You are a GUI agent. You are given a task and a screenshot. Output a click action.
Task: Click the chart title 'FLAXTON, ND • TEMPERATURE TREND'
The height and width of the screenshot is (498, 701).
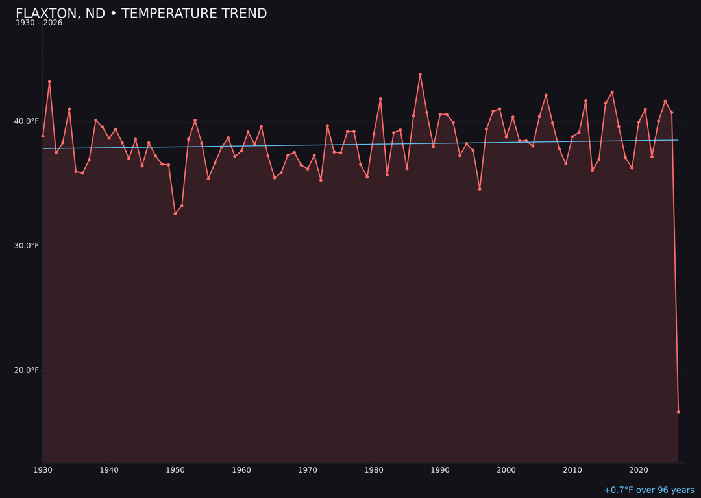click(141, 14)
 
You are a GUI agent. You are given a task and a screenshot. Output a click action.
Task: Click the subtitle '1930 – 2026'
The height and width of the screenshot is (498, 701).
click(39, 23)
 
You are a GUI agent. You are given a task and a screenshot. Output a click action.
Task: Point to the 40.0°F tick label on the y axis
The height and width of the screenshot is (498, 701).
click(27, 121)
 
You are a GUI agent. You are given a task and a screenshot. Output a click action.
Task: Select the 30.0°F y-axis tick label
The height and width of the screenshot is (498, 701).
click(27, 246)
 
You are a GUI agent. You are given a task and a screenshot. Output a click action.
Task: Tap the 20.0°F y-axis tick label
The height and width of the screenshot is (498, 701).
click(27, 370)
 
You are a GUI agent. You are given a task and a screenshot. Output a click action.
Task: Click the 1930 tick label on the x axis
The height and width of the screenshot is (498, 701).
click(43, 470)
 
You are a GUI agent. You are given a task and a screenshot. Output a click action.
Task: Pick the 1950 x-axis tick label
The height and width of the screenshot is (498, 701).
click(175, 470)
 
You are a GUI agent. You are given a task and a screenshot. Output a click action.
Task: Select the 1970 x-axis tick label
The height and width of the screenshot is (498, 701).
click(308, 470)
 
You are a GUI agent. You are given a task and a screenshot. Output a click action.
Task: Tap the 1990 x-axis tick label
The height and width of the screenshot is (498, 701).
click(440, 470)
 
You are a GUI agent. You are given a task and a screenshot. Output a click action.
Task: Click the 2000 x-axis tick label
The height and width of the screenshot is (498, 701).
click(506, 470)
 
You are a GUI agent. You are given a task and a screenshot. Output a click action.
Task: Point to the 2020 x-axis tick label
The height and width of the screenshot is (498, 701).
click(639, 470)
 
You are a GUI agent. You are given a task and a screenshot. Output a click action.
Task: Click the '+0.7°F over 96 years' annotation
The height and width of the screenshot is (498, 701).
click(648, 490)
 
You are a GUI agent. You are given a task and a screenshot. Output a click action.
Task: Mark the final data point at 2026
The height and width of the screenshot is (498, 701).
click(678, 412)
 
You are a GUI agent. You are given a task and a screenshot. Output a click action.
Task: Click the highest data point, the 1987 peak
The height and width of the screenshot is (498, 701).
click(420, 75)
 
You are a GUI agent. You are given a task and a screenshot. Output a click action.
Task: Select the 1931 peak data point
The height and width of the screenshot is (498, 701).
click(49, 82)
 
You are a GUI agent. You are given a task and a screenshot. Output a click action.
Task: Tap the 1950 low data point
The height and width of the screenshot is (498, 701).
click(175, 213)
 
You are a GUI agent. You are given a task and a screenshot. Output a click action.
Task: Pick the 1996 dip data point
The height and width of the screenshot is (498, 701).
click(480, 189)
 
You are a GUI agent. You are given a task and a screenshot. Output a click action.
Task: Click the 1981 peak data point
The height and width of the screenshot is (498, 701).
click(380, 99)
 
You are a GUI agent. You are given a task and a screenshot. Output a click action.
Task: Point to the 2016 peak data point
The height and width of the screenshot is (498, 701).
click(612, 92)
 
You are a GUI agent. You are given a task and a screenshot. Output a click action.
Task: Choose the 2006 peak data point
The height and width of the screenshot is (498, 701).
click(546, 95)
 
